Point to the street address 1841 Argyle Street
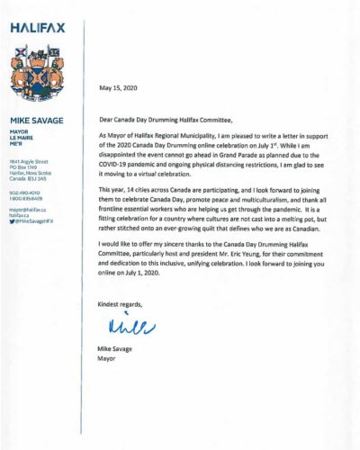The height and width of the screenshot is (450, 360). (x=29, y=158)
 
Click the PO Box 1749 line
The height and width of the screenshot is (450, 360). (x=23, y=165)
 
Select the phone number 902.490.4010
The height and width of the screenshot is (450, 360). (x=24, y=190)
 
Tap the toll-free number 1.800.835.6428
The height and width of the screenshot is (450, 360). (x=27, y=197)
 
